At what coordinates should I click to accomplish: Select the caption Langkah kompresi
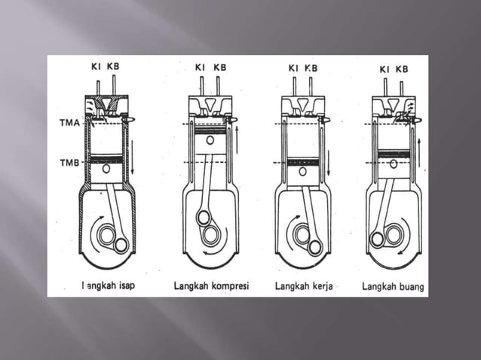(x=211, y=286)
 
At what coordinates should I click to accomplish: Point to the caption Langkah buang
(x=392, y=286)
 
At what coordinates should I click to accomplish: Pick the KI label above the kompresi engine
(x=200, y=68)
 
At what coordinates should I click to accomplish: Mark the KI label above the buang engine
(x=384, y=70)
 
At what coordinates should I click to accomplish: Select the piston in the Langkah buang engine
(x=394, y=164)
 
